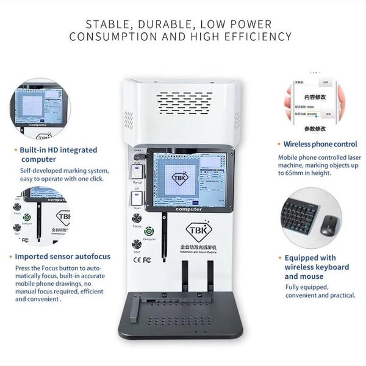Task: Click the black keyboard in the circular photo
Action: pos(300,214)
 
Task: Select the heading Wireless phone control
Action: pos(320,145)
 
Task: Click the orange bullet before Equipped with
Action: pos(279,259)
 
